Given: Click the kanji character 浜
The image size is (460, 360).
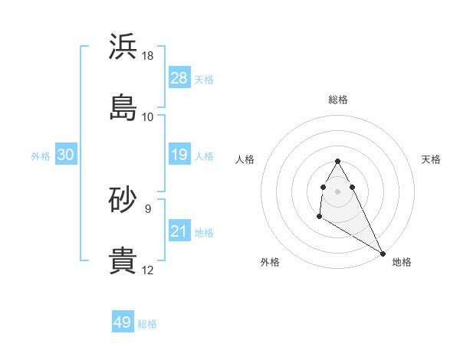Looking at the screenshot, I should click(x=123, y=47).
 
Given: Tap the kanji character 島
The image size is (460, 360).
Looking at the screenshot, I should click(x=123, y=107).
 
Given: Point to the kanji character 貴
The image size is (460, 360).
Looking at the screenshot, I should click(x=123, y=260).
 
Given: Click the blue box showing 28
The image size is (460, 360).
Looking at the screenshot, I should click(x=179, y=78).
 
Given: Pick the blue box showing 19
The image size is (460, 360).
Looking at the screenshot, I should click(x=179, y=155).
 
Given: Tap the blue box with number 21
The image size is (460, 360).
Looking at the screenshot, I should click(x=179, y=231).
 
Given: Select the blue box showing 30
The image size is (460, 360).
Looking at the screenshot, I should click(x=66, y=155).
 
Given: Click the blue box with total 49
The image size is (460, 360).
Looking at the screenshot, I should click(x=123, y=322).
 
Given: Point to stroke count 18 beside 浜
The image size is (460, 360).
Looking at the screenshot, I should click(x=148, y=56).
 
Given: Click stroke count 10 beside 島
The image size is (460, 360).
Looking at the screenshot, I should click(x=148, y=117).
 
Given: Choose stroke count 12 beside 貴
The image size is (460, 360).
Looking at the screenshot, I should click(x=148, y=270).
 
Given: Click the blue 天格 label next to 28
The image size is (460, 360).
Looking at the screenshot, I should click(x=204, y=80).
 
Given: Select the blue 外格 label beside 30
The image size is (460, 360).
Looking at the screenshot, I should click(x=41, y=156).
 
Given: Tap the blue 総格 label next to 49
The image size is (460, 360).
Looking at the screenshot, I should click(x=147, y=324).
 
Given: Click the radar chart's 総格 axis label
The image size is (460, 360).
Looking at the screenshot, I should click(x=338, y=100).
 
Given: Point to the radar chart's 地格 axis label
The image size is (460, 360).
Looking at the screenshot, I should click(x=402, y=262).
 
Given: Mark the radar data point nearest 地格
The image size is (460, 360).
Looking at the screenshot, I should click(x=383, y=254).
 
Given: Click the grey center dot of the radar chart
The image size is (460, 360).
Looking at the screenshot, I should click(x=338, y=191).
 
